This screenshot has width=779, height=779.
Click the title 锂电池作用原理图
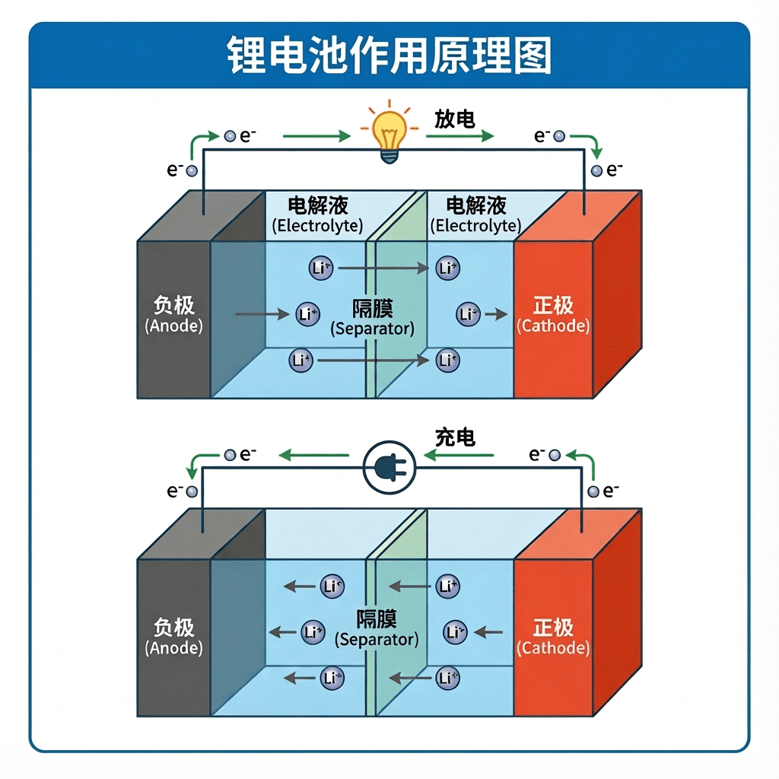(x=389, y=56)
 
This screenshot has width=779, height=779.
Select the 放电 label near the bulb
(x=455, y=119)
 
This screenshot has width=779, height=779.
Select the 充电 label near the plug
(x=455, y=437)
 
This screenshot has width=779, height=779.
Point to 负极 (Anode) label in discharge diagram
(x=173, y=315)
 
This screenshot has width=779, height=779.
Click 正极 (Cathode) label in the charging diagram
(x=553, y=638)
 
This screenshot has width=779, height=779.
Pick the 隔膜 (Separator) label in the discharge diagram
(x=372, y=319)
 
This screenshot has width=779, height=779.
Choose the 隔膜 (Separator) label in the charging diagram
(x=377, y=628)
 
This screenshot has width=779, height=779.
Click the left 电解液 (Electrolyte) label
(x=318, y=215)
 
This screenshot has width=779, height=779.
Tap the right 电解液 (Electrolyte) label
(x=476, y=215)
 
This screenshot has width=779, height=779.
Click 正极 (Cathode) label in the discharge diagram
(x=553, y=315)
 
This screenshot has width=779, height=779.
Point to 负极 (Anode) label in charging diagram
(x=173, y=638)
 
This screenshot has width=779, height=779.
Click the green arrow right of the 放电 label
(x=460, y=137)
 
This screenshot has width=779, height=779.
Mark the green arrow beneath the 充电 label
(x=458, y=456)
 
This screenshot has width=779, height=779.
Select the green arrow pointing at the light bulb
(x=316, y=137)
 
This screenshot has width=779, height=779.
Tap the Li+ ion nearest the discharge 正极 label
(x=469, y=313)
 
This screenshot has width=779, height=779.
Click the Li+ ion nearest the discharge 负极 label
(x=307, y=313)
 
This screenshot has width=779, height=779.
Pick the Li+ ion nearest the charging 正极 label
(x=455, y=631)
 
